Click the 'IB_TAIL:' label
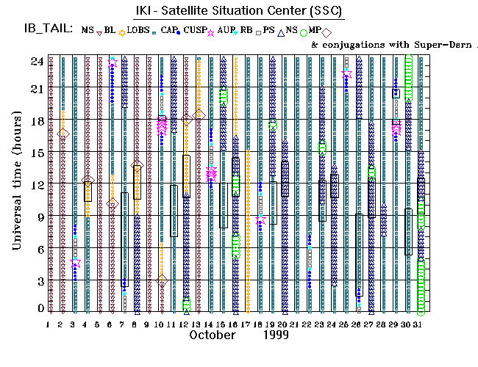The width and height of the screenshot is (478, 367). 47,30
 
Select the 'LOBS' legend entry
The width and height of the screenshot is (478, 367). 138,30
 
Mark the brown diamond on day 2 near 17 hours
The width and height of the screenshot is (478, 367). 63,133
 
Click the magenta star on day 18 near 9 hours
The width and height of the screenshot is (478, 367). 260,219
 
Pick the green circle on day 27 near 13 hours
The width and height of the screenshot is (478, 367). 372,172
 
